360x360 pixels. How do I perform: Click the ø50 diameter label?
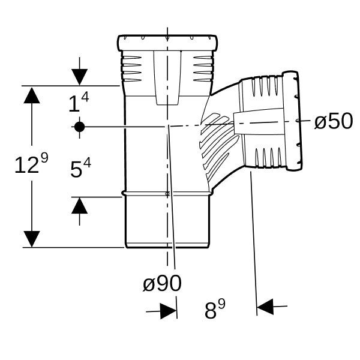334,121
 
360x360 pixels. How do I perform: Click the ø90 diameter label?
162,283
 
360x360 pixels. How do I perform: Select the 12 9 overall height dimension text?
31,163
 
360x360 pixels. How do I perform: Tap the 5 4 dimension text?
80,168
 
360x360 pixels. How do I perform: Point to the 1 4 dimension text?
79,102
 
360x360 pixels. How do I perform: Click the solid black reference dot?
79,127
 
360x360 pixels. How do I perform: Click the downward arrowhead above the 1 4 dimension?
79,77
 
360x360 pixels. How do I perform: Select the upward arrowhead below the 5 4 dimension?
79,206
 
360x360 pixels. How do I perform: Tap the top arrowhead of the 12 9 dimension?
32,95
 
